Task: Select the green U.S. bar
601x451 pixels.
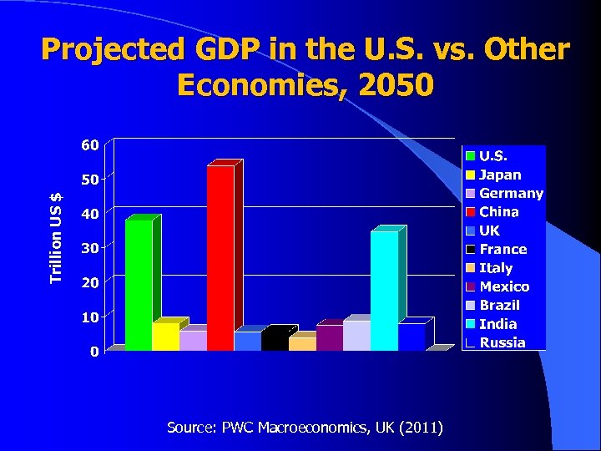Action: click(139, 284)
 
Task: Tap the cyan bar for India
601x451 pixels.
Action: click(384, 290)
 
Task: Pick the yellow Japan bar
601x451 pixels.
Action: click(165, 337)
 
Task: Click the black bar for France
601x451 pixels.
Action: click(275, 339)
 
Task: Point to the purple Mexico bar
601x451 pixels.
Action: click(329, 337)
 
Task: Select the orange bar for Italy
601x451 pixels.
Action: click(301, 343)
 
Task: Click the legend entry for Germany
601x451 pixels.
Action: click(510, 194)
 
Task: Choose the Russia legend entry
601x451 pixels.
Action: click(502, 342)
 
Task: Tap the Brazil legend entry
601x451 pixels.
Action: click(499, 306)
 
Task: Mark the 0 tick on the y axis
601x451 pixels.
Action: click(94, 352)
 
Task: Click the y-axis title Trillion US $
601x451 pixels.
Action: click(56, 237)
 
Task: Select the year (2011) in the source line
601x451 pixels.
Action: click(422, 428)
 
